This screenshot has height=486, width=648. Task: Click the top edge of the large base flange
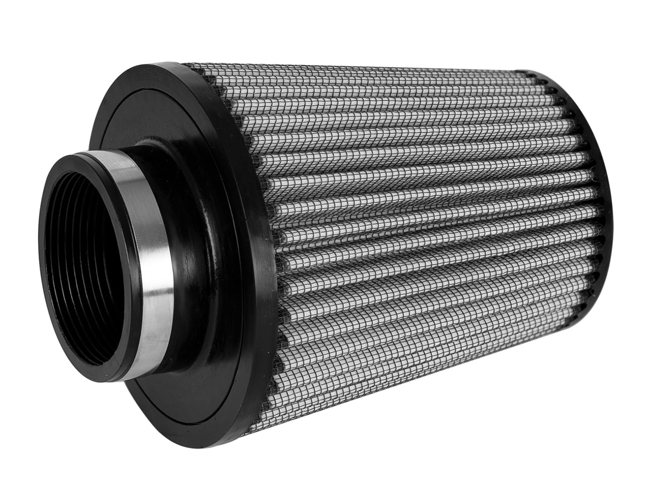160,67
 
